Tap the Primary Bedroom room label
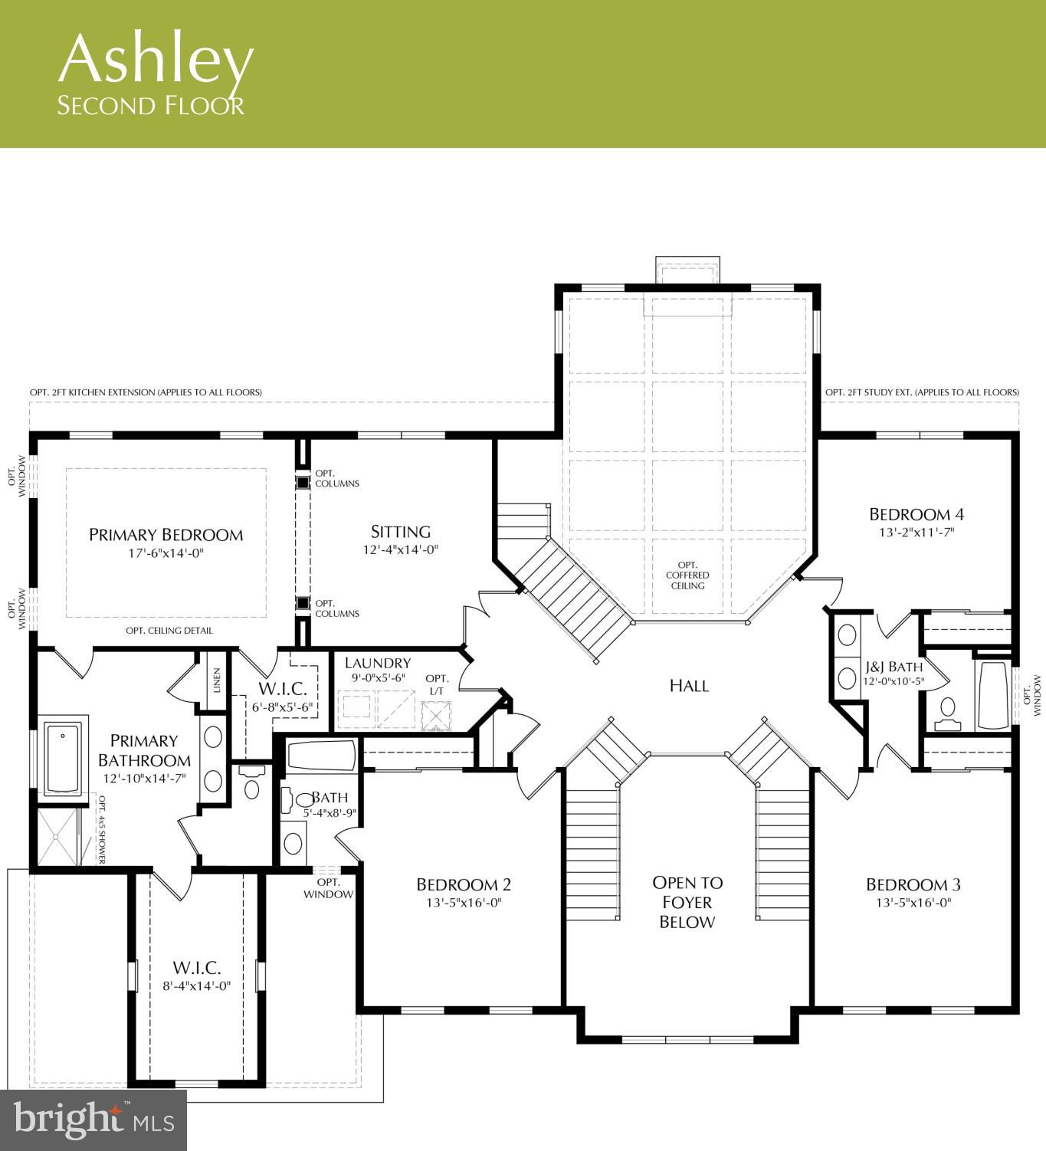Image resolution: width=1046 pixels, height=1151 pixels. click(166, 535)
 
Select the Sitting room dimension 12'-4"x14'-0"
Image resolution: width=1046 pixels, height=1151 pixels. click(401, 549)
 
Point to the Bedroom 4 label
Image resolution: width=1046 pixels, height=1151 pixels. click(916, 514)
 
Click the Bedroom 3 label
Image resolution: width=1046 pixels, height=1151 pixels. click(913, 884)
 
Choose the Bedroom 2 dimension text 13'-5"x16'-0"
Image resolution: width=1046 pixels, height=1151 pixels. click(464, 903)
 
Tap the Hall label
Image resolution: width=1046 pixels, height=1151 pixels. click(689, 686)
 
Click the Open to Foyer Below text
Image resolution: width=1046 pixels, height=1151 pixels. click(687, 902)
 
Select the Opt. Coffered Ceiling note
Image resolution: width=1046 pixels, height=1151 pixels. click(687, 575)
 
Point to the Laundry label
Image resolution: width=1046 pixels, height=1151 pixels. click(378, 664)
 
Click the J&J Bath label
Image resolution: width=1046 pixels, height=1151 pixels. click(894, 667)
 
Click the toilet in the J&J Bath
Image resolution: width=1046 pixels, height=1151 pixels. click(947, 713)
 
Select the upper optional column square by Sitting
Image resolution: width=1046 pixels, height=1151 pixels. click(303, 482)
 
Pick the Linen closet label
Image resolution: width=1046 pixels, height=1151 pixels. click(217, 680)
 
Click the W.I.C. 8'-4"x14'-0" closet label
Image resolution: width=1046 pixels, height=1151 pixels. click(197, 976)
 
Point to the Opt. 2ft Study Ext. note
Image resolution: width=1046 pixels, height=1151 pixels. click(922, 392)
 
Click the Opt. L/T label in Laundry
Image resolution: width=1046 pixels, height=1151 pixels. click(437, 685)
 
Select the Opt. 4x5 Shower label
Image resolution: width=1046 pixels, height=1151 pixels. click(102, 829)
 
